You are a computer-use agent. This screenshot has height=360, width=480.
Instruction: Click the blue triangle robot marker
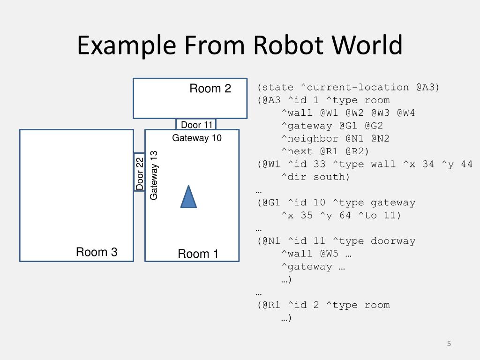click(188, 198)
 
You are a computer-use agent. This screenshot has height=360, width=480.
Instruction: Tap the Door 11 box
click(196, 124)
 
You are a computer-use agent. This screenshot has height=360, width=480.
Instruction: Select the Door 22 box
click(139, 172)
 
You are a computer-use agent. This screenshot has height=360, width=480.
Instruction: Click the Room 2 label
click(210, 89)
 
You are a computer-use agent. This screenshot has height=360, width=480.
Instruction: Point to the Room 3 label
click(97, 252)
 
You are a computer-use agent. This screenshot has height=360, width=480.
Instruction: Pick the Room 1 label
click(198, 254)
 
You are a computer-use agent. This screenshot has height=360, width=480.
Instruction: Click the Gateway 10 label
click(197, 138)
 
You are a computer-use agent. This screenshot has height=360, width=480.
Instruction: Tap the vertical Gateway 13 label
click(154, 175)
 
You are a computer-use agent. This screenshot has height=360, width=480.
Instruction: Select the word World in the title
click(367, 46)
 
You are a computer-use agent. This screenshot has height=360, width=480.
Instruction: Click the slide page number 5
click(449, 344)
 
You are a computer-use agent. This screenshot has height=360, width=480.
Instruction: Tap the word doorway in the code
click(393, 241)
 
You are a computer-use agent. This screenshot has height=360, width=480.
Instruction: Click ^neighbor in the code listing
click(309, 139)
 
